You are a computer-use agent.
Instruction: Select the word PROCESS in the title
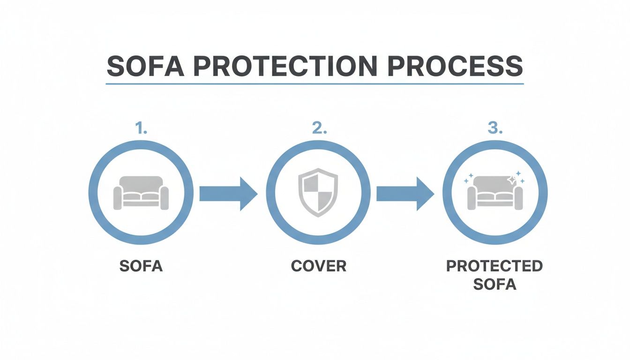pos(455,67)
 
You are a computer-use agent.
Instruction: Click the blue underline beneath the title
pos(315,84)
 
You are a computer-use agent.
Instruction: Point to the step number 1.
pos(141,128)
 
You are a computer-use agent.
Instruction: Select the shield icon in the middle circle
pos(318,192)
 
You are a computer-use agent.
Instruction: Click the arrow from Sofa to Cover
pos(228,193)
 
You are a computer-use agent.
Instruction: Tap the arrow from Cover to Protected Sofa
pos(405,193)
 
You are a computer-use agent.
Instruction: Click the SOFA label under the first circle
pos(141,266)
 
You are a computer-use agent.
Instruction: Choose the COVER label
pos(319,266)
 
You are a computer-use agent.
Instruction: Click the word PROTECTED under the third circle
pos(495,266)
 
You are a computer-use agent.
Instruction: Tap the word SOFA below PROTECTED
pos(495,284)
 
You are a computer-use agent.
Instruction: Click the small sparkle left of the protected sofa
pos(467,179)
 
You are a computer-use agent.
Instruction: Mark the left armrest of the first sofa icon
pos(119,197)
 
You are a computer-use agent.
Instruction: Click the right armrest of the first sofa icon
pos(164,197)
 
